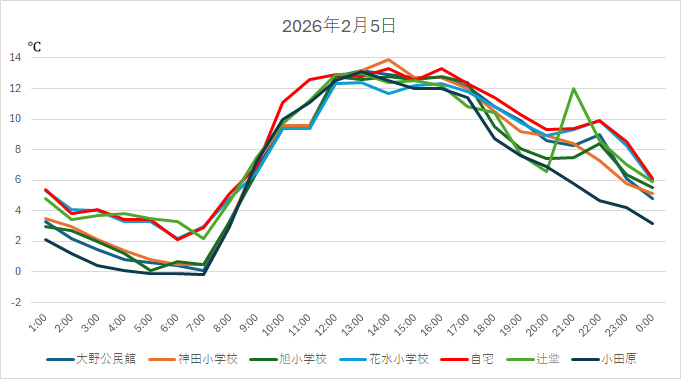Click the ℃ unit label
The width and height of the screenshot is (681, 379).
tap(34, 46)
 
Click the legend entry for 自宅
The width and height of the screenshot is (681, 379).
tap(461, 359)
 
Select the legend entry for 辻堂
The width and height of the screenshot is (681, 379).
tap(530, 359)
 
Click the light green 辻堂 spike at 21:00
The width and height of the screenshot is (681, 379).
tap(573, 89)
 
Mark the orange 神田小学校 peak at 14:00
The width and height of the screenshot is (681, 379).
tap(388, 59)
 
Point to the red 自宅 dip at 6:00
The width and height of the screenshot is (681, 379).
tap(177, 239)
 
